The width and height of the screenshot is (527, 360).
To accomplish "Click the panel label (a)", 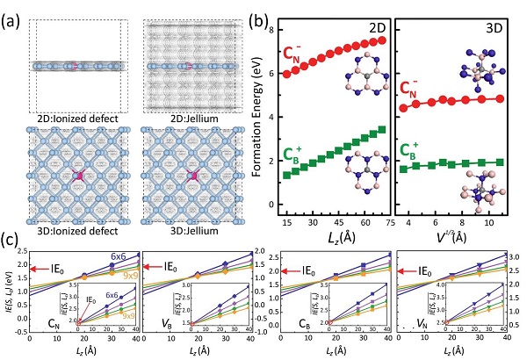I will pyautogui.click(x=11, y=12).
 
